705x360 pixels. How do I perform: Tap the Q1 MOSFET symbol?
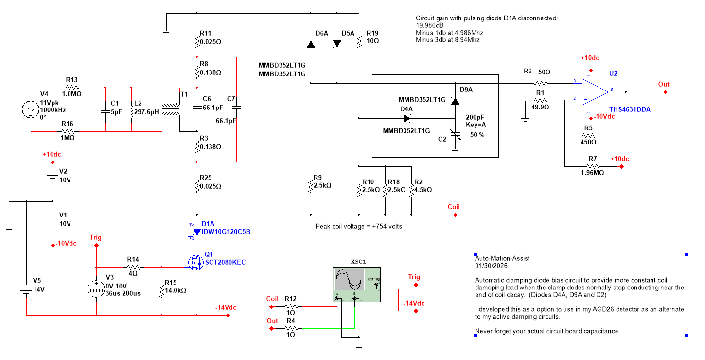tap(196, 263)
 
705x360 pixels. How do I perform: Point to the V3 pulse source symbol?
tap(96, 289)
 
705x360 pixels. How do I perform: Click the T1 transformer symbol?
tap(170, 109)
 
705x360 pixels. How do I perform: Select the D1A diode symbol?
tap(197, 232)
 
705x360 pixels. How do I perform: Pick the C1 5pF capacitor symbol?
tap(105, 111)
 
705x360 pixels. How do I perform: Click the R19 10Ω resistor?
tap(358, 42)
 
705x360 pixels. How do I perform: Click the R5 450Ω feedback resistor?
tap(589, 135)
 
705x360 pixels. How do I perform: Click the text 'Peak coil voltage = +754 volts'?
tap(358, 226)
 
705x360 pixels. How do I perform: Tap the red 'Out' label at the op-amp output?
tap(664, 84)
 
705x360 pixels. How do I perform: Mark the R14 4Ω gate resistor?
tap(133, 267)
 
